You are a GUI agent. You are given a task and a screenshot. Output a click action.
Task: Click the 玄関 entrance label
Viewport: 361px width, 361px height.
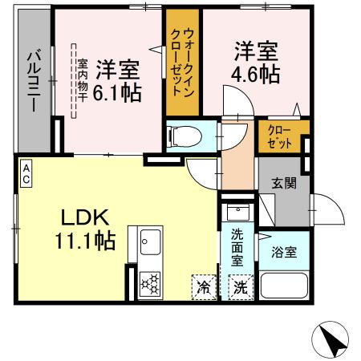click(284, 183)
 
